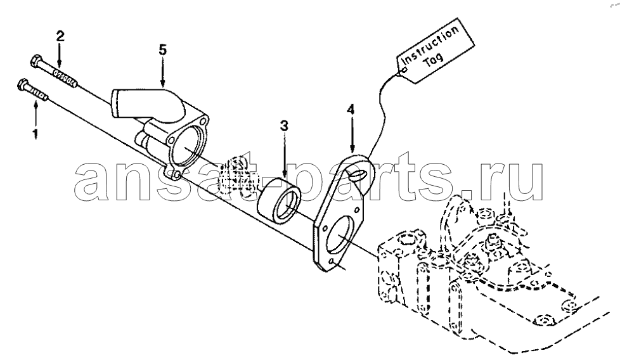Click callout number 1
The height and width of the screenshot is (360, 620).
coord(36,134)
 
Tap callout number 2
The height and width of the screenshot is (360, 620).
coord(60,37)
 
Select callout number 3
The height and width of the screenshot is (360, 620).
coord(284,126)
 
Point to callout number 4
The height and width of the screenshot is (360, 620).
coord(351,109)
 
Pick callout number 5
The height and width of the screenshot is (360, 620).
coord(162,50)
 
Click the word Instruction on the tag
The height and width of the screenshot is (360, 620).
coord(430,46)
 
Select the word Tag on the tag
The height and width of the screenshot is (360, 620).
coord(433,60)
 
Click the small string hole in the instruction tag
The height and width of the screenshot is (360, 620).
coord(404,71)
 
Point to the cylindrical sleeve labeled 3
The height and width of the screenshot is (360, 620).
coord(280,200)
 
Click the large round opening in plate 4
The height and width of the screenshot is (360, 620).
coord(339,235)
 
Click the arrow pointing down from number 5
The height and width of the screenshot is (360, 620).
coord(162,72)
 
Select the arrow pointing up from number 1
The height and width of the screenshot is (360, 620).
coord(36,115)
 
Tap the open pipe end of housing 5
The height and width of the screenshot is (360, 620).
coord(115,103)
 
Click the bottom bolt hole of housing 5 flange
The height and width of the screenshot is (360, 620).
coord(177,174)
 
